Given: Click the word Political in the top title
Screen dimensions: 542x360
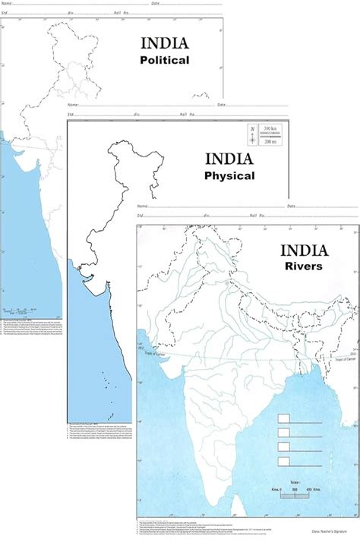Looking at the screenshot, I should pyautogui.click(x=164, y=59).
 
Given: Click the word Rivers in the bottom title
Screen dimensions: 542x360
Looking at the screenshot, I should pyautogui.click(x=304, y=266).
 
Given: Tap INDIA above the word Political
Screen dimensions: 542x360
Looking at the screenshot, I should pyautogui.click(x=164, y=43).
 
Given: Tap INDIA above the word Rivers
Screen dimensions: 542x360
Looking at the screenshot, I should pyautogui.click(x=304, y=250).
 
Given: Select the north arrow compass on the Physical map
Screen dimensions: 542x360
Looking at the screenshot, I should pyautogui.click(x=252, y=135).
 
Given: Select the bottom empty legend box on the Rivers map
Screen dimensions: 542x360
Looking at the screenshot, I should pyautogui.click(x=284, y=461).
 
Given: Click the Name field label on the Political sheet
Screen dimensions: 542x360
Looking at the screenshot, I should pyautogui.click(x=5, y=4).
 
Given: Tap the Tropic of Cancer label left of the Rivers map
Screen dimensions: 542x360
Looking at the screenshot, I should pyautogui.click(x=145, y=354).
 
